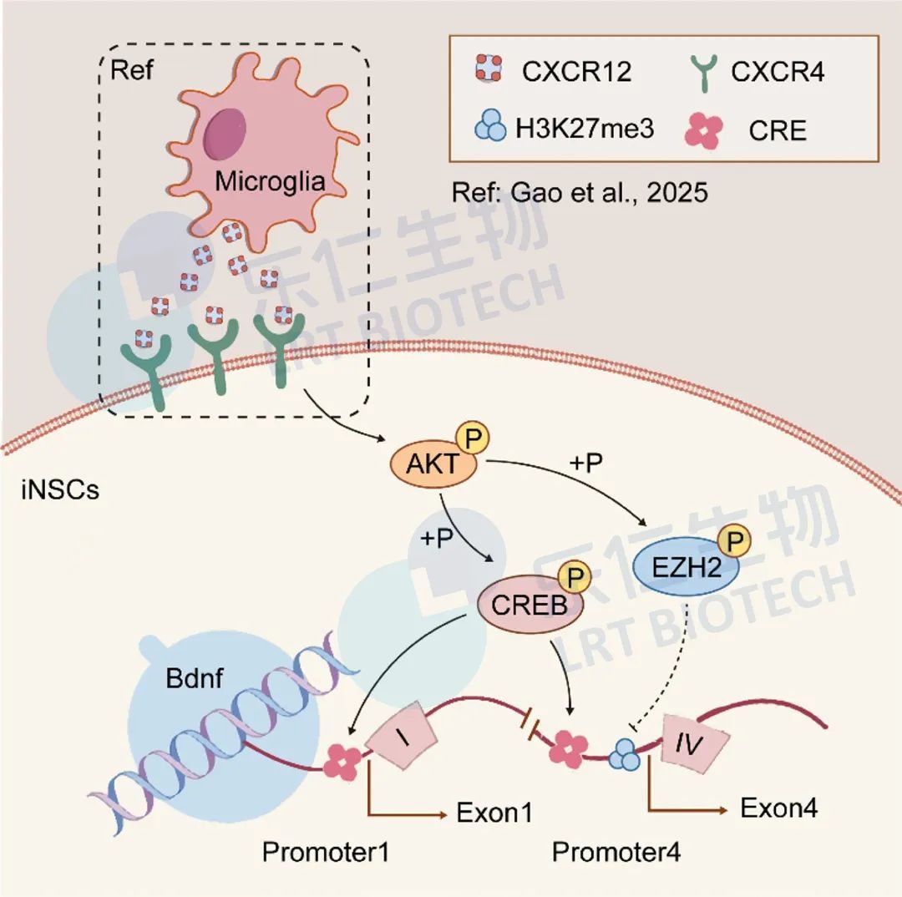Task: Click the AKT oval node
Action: (x=433, y=464)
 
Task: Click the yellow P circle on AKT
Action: (x=473, y=438)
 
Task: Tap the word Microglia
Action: (x=270, y=181)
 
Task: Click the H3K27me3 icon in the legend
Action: (x=490, y=129)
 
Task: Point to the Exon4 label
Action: (x=778, y=808)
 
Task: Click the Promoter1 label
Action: (x=327, y=852)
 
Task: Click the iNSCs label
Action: (x=59, y=489)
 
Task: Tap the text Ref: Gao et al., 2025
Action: (x=580, y=193)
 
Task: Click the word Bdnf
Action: (x=194, y=678)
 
